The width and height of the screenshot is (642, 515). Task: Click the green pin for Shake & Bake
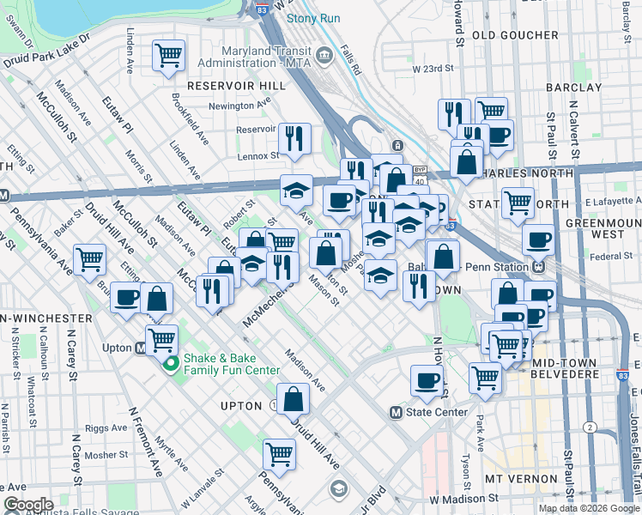[x=171, y=364]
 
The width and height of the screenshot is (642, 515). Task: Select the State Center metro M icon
[x=396, y=412]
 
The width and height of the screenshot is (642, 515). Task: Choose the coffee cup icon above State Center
[x=427, y=381]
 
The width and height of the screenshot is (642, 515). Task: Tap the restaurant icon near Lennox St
[x=294, y=138]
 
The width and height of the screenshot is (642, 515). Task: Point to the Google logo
[x=29, y=505]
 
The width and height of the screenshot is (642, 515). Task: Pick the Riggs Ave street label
[x=106, y=427]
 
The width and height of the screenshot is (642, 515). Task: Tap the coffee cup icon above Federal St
[x=538, y=240]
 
